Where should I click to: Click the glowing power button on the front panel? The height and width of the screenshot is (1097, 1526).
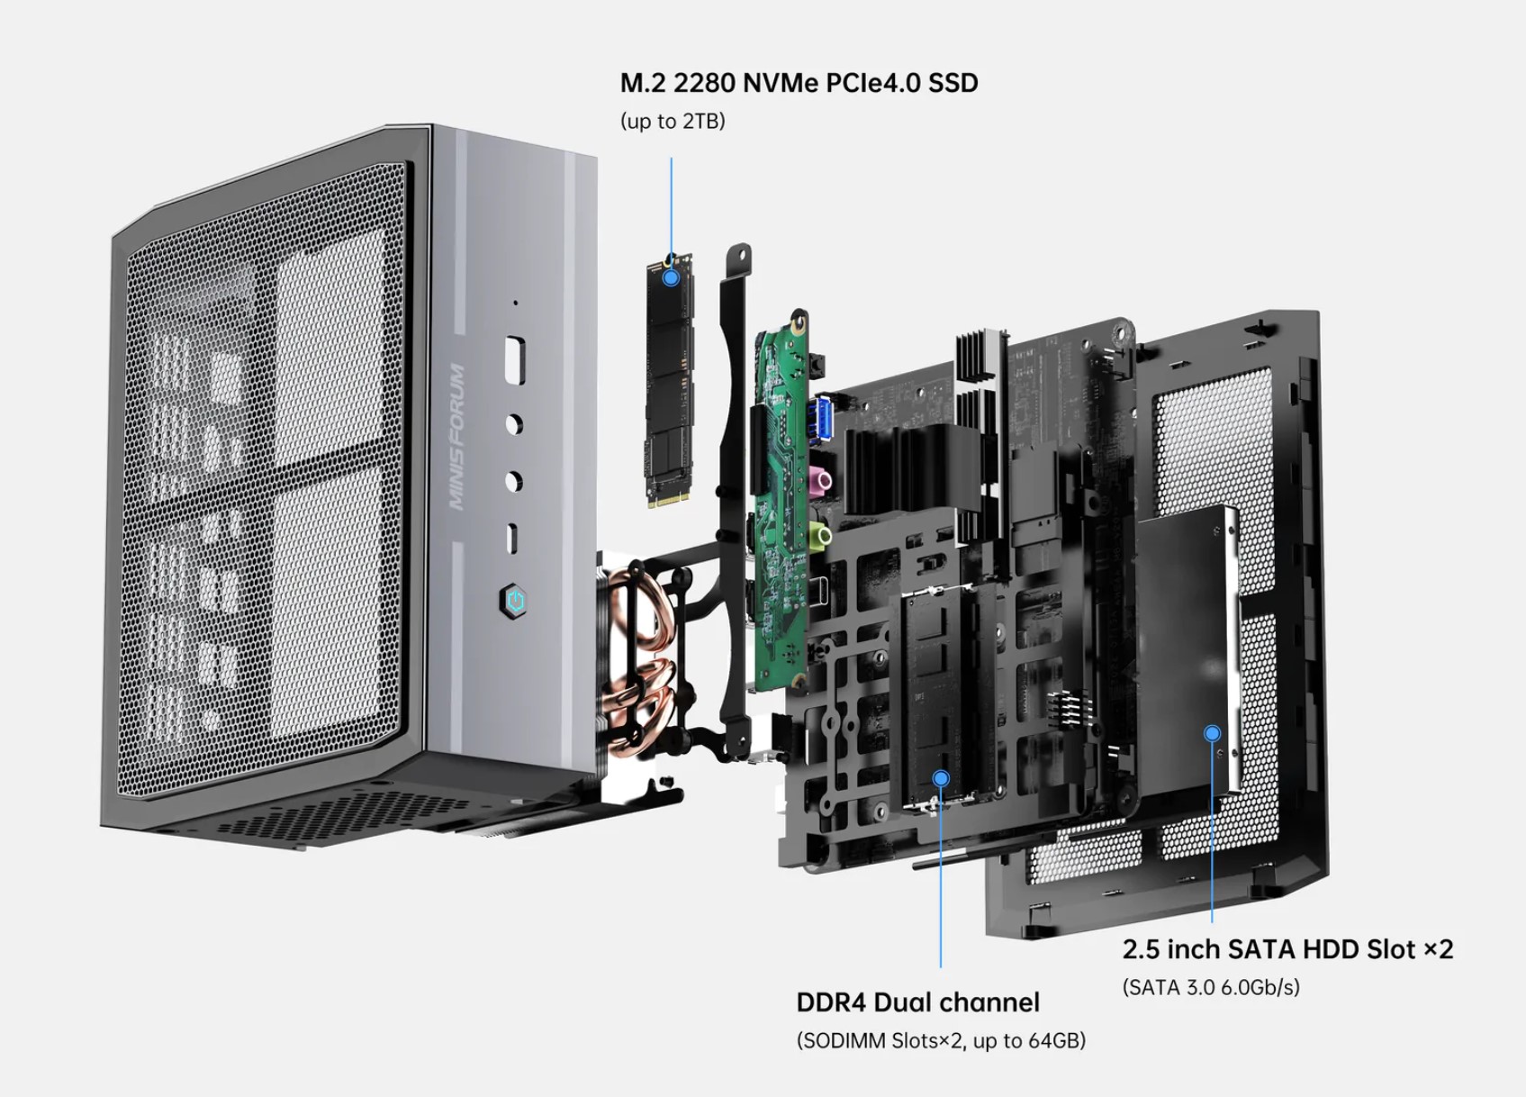pos(514,601)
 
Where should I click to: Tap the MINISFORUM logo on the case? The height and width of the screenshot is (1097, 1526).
pos(458,437)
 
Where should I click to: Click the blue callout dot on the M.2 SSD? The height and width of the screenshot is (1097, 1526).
pos(671,277)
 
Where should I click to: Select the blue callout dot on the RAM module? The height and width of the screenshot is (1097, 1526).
pos(941,778)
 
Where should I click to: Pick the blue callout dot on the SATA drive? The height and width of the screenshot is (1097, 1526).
pos(1212,734)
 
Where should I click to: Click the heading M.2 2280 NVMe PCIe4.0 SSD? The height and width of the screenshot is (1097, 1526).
pos(799,84)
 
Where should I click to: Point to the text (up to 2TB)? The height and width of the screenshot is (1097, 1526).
pos(673,122)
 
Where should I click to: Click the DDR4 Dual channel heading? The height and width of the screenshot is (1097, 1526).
pos(917,1002)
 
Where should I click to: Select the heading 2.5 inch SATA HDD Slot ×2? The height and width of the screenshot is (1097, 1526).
pos(1287,949)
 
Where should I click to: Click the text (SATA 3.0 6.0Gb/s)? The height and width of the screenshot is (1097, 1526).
pos(1211,987)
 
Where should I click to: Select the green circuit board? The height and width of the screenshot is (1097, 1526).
pos(779,504)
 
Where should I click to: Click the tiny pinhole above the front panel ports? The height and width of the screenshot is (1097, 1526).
pos(515,303)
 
